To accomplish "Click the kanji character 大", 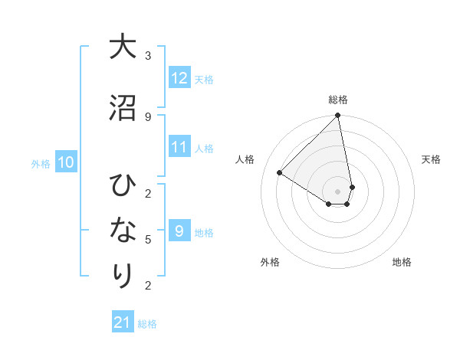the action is click(x=123, y=47).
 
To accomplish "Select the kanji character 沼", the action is click(x=123, y=108).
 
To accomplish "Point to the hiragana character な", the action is click(x=123, y=230).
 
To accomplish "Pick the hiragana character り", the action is click(x=123, y=275).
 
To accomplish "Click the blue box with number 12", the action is click(x=179, y=78).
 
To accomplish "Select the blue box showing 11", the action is click(x=179, y=147).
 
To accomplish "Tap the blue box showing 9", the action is click(x=179, y=231).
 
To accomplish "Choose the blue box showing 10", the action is click(x=66, y=162).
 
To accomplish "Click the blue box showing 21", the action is click(x=123, y=322).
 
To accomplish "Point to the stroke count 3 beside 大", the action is click(x=148, y=56).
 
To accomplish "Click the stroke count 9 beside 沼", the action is click(x=148, y=116).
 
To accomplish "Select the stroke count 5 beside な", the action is click(x=148, y=239).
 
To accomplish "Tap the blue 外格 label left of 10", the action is click(x=41, y=163).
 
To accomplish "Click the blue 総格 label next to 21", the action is click(x=147, y=324).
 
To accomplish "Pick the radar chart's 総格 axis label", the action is click(x=338, y=100).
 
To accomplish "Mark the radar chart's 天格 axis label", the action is click(x=432, y=159).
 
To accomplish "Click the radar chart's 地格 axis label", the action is click(x=402, y=262).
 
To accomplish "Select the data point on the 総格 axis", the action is click(x=338, y=116).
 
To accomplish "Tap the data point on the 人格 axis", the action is click(x=280, y=173).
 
